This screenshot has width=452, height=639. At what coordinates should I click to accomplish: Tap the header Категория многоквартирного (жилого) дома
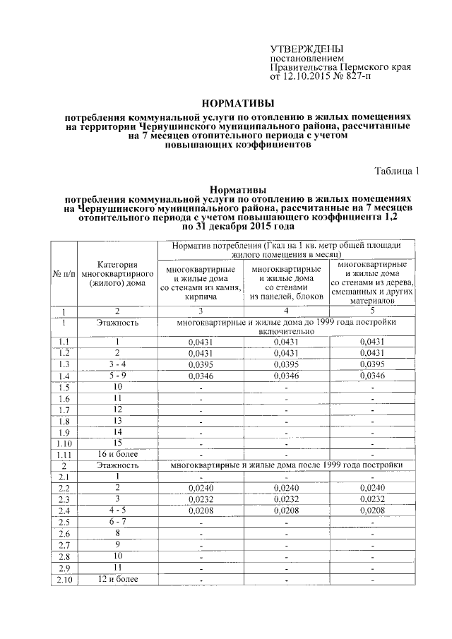[117, 273]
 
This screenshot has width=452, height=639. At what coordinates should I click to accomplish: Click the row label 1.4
[64, 375]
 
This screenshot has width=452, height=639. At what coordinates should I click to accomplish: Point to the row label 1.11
[64, 454]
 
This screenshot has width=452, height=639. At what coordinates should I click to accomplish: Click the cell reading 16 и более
[117, 454]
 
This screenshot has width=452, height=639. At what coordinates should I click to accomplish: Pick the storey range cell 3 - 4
[117, 364]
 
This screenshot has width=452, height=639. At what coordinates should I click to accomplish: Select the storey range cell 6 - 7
[117, 522]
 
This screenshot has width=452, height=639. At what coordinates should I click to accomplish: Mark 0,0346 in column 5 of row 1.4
[371, 376]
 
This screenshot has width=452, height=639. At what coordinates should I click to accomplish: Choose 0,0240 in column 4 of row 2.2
[286, 489]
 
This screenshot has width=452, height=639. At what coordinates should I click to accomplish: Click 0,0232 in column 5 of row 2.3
[371, 500]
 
